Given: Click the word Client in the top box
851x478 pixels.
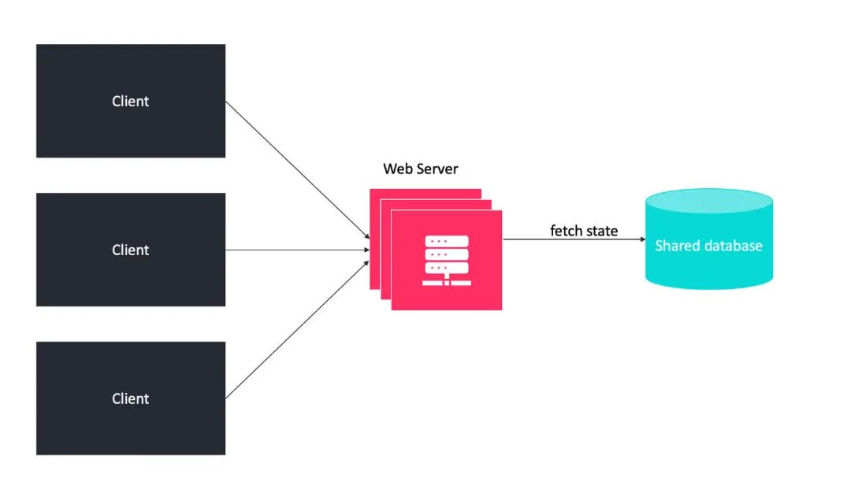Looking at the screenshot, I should [x=131, y=102].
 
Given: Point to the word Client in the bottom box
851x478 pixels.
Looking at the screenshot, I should [x=131, y=399].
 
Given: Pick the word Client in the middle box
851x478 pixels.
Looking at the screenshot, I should [x=131, y=250].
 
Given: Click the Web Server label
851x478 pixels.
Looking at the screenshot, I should [x=420, y=169].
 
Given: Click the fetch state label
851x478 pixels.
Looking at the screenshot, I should [x=584, y=231].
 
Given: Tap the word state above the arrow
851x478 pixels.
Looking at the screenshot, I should [x=601, y=231].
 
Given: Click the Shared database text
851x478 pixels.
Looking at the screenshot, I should [x=708, y=246].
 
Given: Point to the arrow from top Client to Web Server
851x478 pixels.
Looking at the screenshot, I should [x=297, y=169].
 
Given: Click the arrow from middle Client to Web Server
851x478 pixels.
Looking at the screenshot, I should [x=297, y=250].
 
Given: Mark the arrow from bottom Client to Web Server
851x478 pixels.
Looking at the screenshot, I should [x=297, y=329].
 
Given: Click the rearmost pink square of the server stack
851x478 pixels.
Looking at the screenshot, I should [x=425, y=194].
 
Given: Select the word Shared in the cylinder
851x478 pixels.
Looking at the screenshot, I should [x=674, y=246].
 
